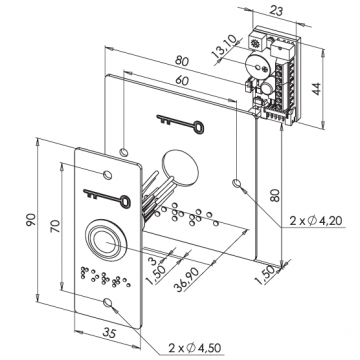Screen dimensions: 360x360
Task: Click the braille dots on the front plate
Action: click(x=99, y=276)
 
